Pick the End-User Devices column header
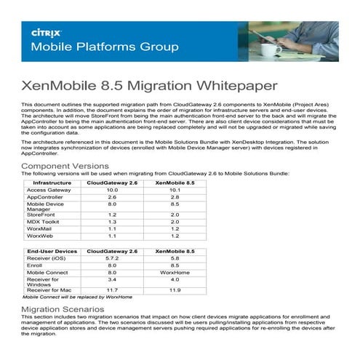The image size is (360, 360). [49, 250]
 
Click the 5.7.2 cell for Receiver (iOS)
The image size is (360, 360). [112, 257]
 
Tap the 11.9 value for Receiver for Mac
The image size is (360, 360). [174, 290]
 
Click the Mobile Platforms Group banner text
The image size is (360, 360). [103, 48]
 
